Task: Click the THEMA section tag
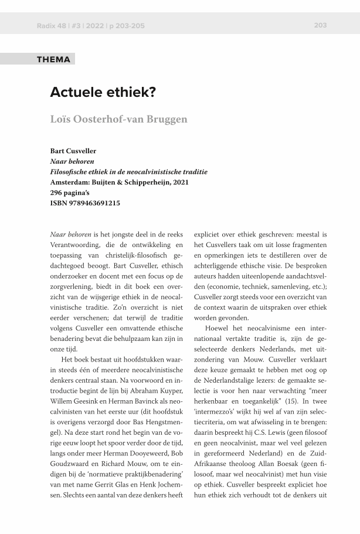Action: click(x=53, y=59)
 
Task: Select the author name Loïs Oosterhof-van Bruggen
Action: click(x=118, y=119)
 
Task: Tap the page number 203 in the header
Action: click(x=320, y=25)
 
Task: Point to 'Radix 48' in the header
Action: click(x=49, y=26)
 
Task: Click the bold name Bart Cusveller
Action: click(x=73, y=151)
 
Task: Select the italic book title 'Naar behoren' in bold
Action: click(x=72, y=161)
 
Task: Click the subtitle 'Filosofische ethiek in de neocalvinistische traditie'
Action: click(x=128, y=172)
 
